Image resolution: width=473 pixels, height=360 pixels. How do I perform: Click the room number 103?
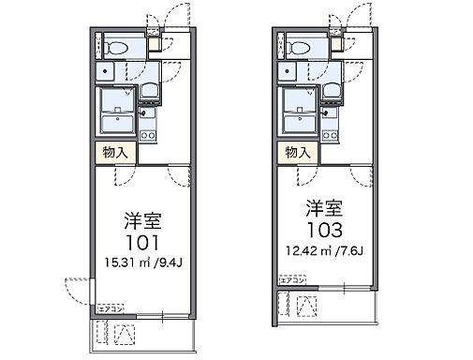tap(323, 228)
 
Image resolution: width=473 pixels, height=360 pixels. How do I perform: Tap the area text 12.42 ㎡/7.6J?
tap(323, 250)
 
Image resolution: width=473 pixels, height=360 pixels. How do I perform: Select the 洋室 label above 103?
tap(323, 206)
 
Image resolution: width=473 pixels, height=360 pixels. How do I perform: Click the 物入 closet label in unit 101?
tap(113, 152)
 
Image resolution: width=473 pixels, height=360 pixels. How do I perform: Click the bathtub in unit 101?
tap(117, 109)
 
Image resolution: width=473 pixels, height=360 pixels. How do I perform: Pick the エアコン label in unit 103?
tap(291, 278)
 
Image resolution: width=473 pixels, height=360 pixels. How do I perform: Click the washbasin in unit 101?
tap(149, 91)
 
